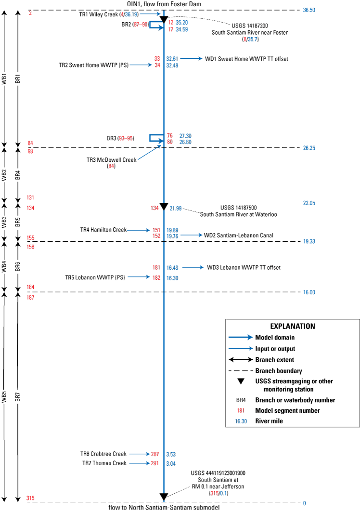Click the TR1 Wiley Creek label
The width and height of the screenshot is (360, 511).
tap(99, 14)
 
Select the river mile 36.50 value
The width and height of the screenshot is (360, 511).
tap(309, 10)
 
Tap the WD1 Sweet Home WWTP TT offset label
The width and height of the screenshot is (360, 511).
tap(246, 59)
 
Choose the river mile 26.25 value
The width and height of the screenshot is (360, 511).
tap(309, 148)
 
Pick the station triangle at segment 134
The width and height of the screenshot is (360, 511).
tap(164, 207)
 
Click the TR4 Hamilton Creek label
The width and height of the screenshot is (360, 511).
tap(103, 230)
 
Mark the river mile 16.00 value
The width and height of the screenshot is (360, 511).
tap(309, 292)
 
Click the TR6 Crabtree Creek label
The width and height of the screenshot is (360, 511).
tap(103, 454)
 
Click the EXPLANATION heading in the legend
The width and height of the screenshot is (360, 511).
tap(293, 327)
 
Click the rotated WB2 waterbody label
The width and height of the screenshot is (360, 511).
tap(4, 174)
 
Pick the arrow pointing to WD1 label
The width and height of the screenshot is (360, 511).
tap(192, 59)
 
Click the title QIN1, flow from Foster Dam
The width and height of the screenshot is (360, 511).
tap(164, 3)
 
